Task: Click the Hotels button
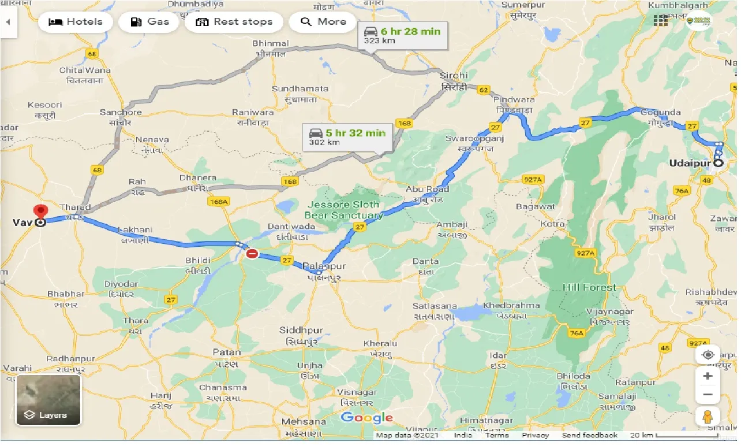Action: click(75, 22)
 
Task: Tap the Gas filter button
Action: click(149, 22)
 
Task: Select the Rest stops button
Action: click(234, 22)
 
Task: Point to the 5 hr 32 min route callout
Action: click(347, 137)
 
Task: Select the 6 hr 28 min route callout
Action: click(402, 36)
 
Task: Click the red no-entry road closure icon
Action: click(252, 254)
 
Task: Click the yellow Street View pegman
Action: click(708, 416)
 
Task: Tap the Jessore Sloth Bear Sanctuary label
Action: click(344, 210)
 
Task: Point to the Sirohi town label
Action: click(453, 76)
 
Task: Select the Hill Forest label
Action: click(589, 287)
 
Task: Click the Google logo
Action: click(366, 418)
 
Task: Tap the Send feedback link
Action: click(589, 435)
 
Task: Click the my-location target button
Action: click(708, 354)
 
